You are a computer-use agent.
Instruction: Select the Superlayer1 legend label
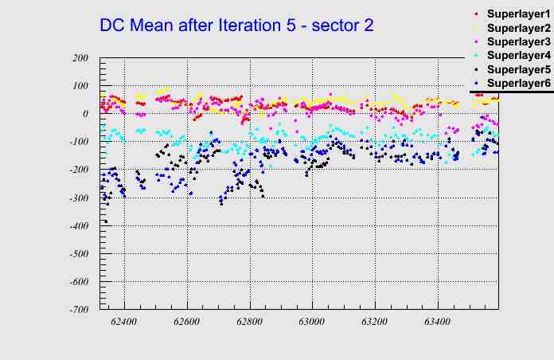(518, 15)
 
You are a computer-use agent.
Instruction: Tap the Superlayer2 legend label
(518, 29)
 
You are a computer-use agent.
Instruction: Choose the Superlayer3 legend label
(518, 42)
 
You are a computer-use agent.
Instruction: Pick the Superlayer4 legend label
(518, 56)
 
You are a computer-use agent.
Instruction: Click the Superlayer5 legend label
(518, 70)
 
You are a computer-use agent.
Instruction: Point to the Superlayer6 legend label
(518, 84)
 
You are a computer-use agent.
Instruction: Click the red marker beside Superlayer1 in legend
(476, 14)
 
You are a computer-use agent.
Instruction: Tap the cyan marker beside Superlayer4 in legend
(476, 56)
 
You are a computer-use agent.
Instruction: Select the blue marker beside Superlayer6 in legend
(476, 84)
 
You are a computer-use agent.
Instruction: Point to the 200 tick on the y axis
(79, 58)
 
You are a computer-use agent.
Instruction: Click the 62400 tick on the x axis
(124, 322)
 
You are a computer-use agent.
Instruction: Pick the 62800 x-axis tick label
(249, 322)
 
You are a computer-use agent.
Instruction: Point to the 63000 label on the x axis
(311, 322)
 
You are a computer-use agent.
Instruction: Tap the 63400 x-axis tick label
(437, 322)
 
